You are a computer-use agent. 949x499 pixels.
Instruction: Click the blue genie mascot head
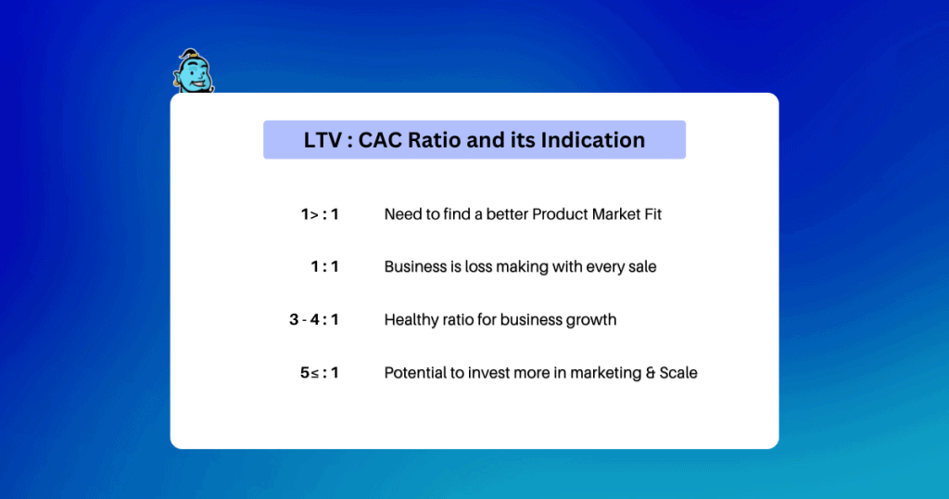click(x=194, y=71)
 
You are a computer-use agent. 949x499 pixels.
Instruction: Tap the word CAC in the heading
click(x=380, y=140)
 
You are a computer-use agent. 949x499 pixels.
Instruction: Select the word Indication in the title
click(x=593, y=140)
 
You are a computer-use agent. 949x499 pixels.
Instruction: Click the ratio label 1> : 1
click(x=320, y=214)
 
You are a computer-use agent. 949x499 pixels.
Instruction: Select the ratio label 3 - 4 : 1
click(x=314, y=320)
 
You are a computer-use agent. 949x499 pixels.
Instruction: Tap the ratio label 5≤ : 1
click(x=320, y=373)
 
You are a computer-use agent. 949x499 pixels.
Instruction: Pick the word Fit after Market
click(x=652, y=214)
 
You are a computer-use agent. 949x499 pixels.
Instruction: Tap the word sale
click(x=642, y=266)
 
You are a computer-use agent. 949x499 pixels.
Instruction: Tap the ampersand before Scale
click(x=650, y=373)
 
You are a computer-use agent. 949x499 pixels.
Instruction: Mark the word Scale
click(x=678, y=373)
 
